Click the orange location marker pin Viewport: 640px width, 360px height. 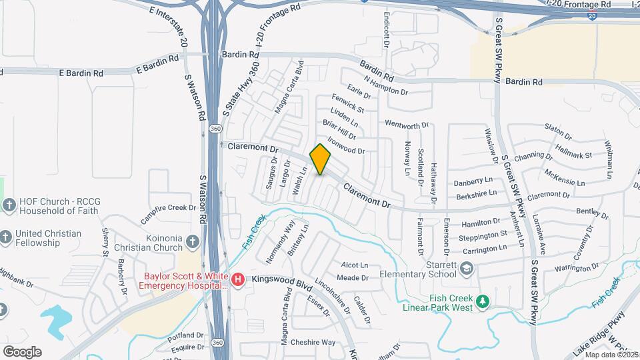coord(321,159)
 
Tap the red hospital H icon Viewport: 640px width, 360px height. coord(238,279)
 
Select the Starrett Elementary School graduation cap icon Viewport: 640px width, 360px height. coord(466,269)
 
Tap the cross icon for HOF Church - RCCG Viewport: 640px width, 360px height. coord(9,205)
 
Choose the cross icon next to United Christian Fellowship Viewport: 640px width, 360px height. coord(5,237)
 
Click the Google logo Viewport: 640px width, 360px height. coord(22,351)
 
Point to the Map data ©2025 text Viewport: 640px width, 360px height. coord(612,355)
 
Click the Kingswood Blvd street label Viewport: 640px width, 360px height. coord(278,282)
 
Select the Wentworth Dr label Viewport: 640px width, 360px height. coord(407,125)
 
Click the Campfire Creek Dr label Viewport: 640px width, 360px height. coord(169,213)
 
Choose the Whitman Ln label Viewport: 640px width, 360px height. coord(608,159)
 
